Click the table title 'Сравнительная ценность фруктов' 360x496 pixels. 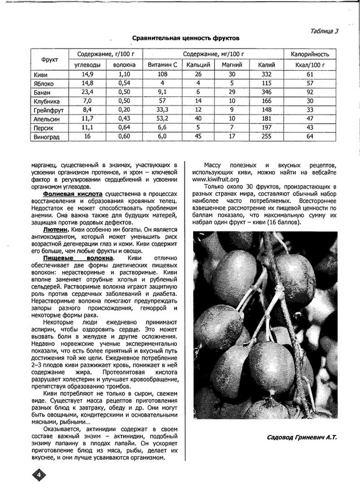click(x=186, y=38)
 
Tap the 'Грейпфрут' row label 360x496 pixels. click(x=48, y=109)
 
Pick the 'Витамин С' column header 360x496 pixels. click(x=162, y=65)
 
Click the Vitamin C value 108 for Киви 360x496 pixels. click(x=162, y=75)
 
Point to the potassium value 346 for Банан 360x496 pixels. click(x=266, y=92)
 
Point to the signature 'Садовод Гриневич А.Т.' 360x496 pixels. click(x=301, y=437)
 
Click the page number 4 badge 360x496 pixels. click(x=36, y=475)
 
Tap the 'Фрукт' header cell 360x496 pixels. click(x=48, y=59)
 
